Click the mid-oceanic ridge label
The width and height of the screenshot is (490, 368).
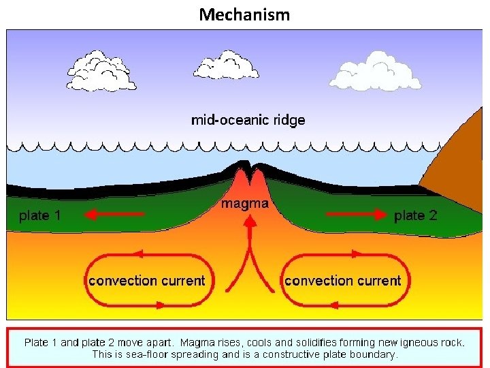[248, 121]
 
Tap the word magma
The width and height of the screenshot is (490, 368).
[245, 203]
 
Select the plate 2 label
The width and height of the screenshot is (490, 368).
[416, 215]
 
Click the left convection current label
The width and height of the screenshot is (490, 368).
[146, 280]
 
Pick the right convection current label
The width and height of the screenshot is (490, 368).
[342, 280]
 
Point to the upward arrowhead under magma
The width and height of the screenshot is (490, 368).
[247, 219]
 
